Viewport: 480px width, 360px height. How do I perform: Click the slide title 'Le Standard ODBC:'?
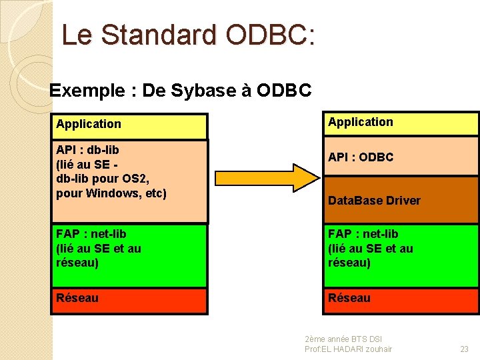pyautogui.click(x=188, y=35)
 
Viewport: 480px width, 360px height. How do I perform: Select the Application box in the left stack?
pyautogui.click(x=130, y=125)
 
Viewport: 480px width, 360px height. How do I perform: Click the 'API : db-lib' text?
pyautogui.click(x=87, y=149)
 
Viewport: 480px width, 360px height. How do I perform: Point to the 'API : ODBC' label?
pyautogui.click(x=361, y=157)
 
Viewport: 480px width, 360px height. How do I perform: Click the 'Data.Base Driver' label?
pyautogui.click(x=374, y=201)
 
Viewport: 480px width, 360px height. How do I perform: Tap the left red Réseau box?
pyautogui.click(x=130, y=300)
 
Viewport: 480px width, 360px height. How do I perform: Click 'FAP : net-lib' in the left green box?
pyautogui.click(x=91, y=234)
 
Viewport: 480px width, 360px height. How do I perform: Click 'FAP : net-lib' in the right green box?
pyautogui.click(x=363, y=234)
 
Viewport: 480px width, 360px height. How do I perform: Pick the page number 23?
pyautogui.click(x=464, y=349)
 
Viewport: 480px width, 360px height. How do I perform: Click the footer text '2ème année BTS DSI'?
pyautogui.click(x=343, y=339)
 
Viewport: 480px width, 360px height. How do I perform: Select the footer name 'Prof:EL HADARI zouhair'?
pyautogui.click(x=348, y=349)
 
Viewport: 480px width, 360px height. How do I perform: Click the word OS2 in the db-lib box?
pyautogui.click(x=138, y=179)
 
